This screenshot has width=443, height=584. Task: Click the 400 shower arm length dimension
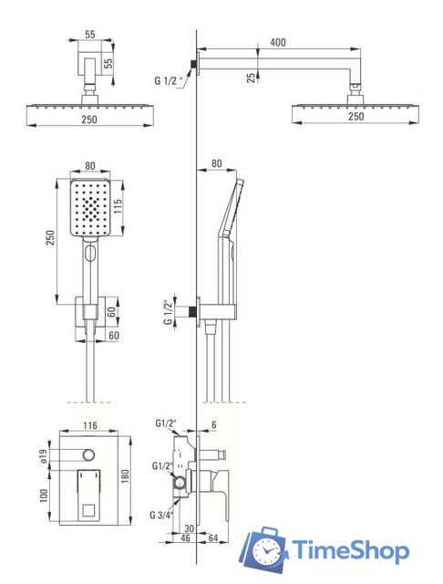click(x=277, y=42)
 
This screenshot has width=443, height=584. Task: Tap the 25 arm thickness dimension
click(x=252, y=77)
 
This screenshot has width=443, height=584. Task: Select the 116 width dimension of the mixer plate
click(x=90, y=425)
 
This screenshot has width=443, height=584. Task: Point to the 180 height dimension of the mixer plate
click(x=125, y=477)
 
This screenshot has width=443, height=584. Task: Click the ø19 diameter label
click(x=43, y=456)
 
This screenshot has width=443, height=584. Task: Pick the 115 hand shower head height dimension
click(x=118, y=207)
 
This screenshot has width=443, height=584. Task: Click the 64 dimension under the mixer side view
click(x=213, y=537)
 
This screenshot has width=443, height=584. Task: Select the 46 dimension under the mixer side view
click(x=185, y=537)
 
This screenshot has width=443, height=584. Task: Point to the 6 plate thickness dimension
click(x=214, y=424)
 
